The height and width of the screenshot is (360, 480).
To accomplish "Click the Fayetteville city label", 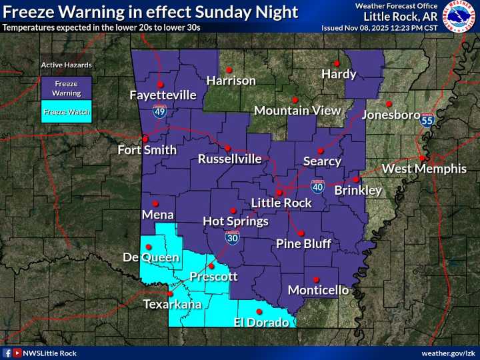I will tap(163, 95).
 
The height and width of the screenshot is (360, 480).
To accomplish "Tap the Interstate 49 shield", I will tap(159, 111).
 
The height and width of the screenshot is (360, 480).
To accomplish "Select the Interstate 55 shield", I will tap(427, 121).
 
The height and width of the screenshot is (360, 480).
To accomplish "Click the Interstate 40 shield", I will tap(317, 187).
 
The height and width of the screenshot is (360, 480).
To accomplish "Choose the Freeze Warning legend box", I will tap(66, 89).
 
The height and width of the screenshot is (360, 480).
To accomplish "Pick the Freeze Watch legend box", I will tap(66, 112).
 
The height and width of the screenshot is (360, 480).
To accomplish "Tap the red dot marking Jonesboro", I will tap(389, 103).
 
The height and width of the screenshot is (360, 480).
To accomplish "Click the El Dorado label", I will tap(261, 323).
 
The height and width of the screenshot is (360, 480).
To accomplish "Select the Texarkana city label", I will tap(173, 305).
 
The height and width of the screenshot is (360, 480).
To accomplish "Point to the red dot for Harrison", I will tap(229, 69).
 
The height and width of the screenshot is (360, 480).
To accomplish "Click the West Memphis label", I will tap(424, 169).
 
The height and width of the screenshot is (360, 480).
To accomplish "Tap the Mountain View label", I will tap(297, 111).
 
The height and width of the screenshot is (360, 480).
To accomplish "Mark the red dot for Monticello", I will tap(316, 279).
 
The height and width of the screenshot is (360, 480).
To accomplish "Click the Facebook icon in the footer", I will tap(7, 353).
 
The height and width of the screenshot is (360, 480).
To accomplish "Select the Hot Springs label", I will tap(235, 221).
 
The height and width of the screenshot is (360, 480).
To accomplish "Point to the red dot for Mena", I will tap(155, 203).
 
